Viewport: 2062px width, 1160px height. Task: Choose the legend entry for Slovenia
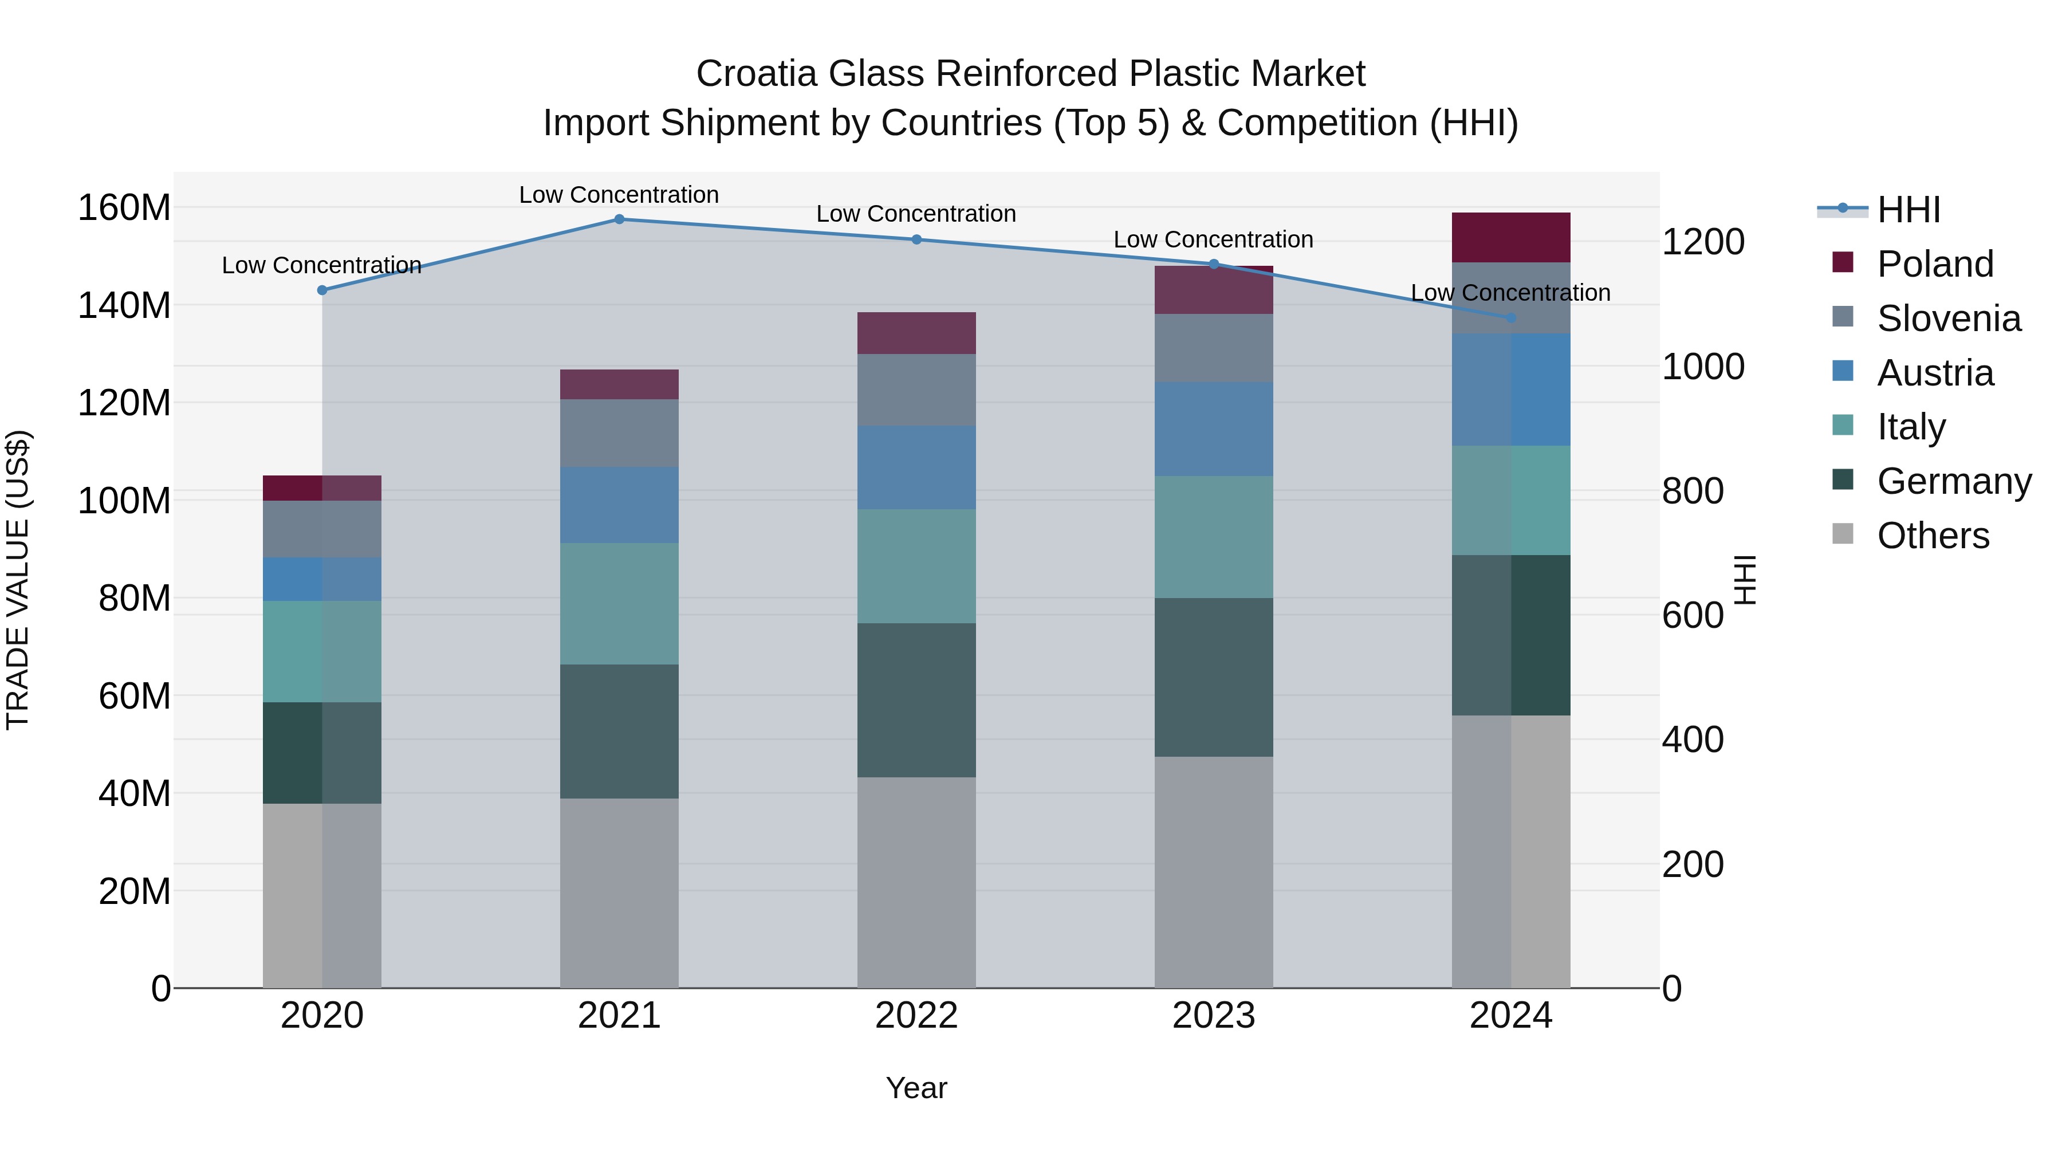coord(1949,318)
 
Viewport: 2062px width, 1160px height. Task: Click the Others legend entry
coord(1933,536)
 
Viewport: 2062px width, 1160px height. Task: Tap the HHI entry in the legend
coord(1908,210)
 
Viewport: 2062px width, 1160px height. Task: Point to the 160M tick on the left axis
coord(124,208)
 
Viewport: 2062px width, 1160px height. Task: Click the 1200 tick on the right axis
coord(1703,242)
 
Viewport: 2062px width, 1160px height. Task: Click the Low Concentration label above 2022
coord(916,214)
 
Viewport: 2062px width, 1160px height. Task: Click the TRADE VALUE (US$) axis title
coord(18,580)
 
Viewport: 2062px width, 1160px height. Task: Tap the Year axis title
coord(916,1088)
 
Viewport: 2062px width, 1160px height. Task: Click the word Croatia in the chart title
coord(757,74)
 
